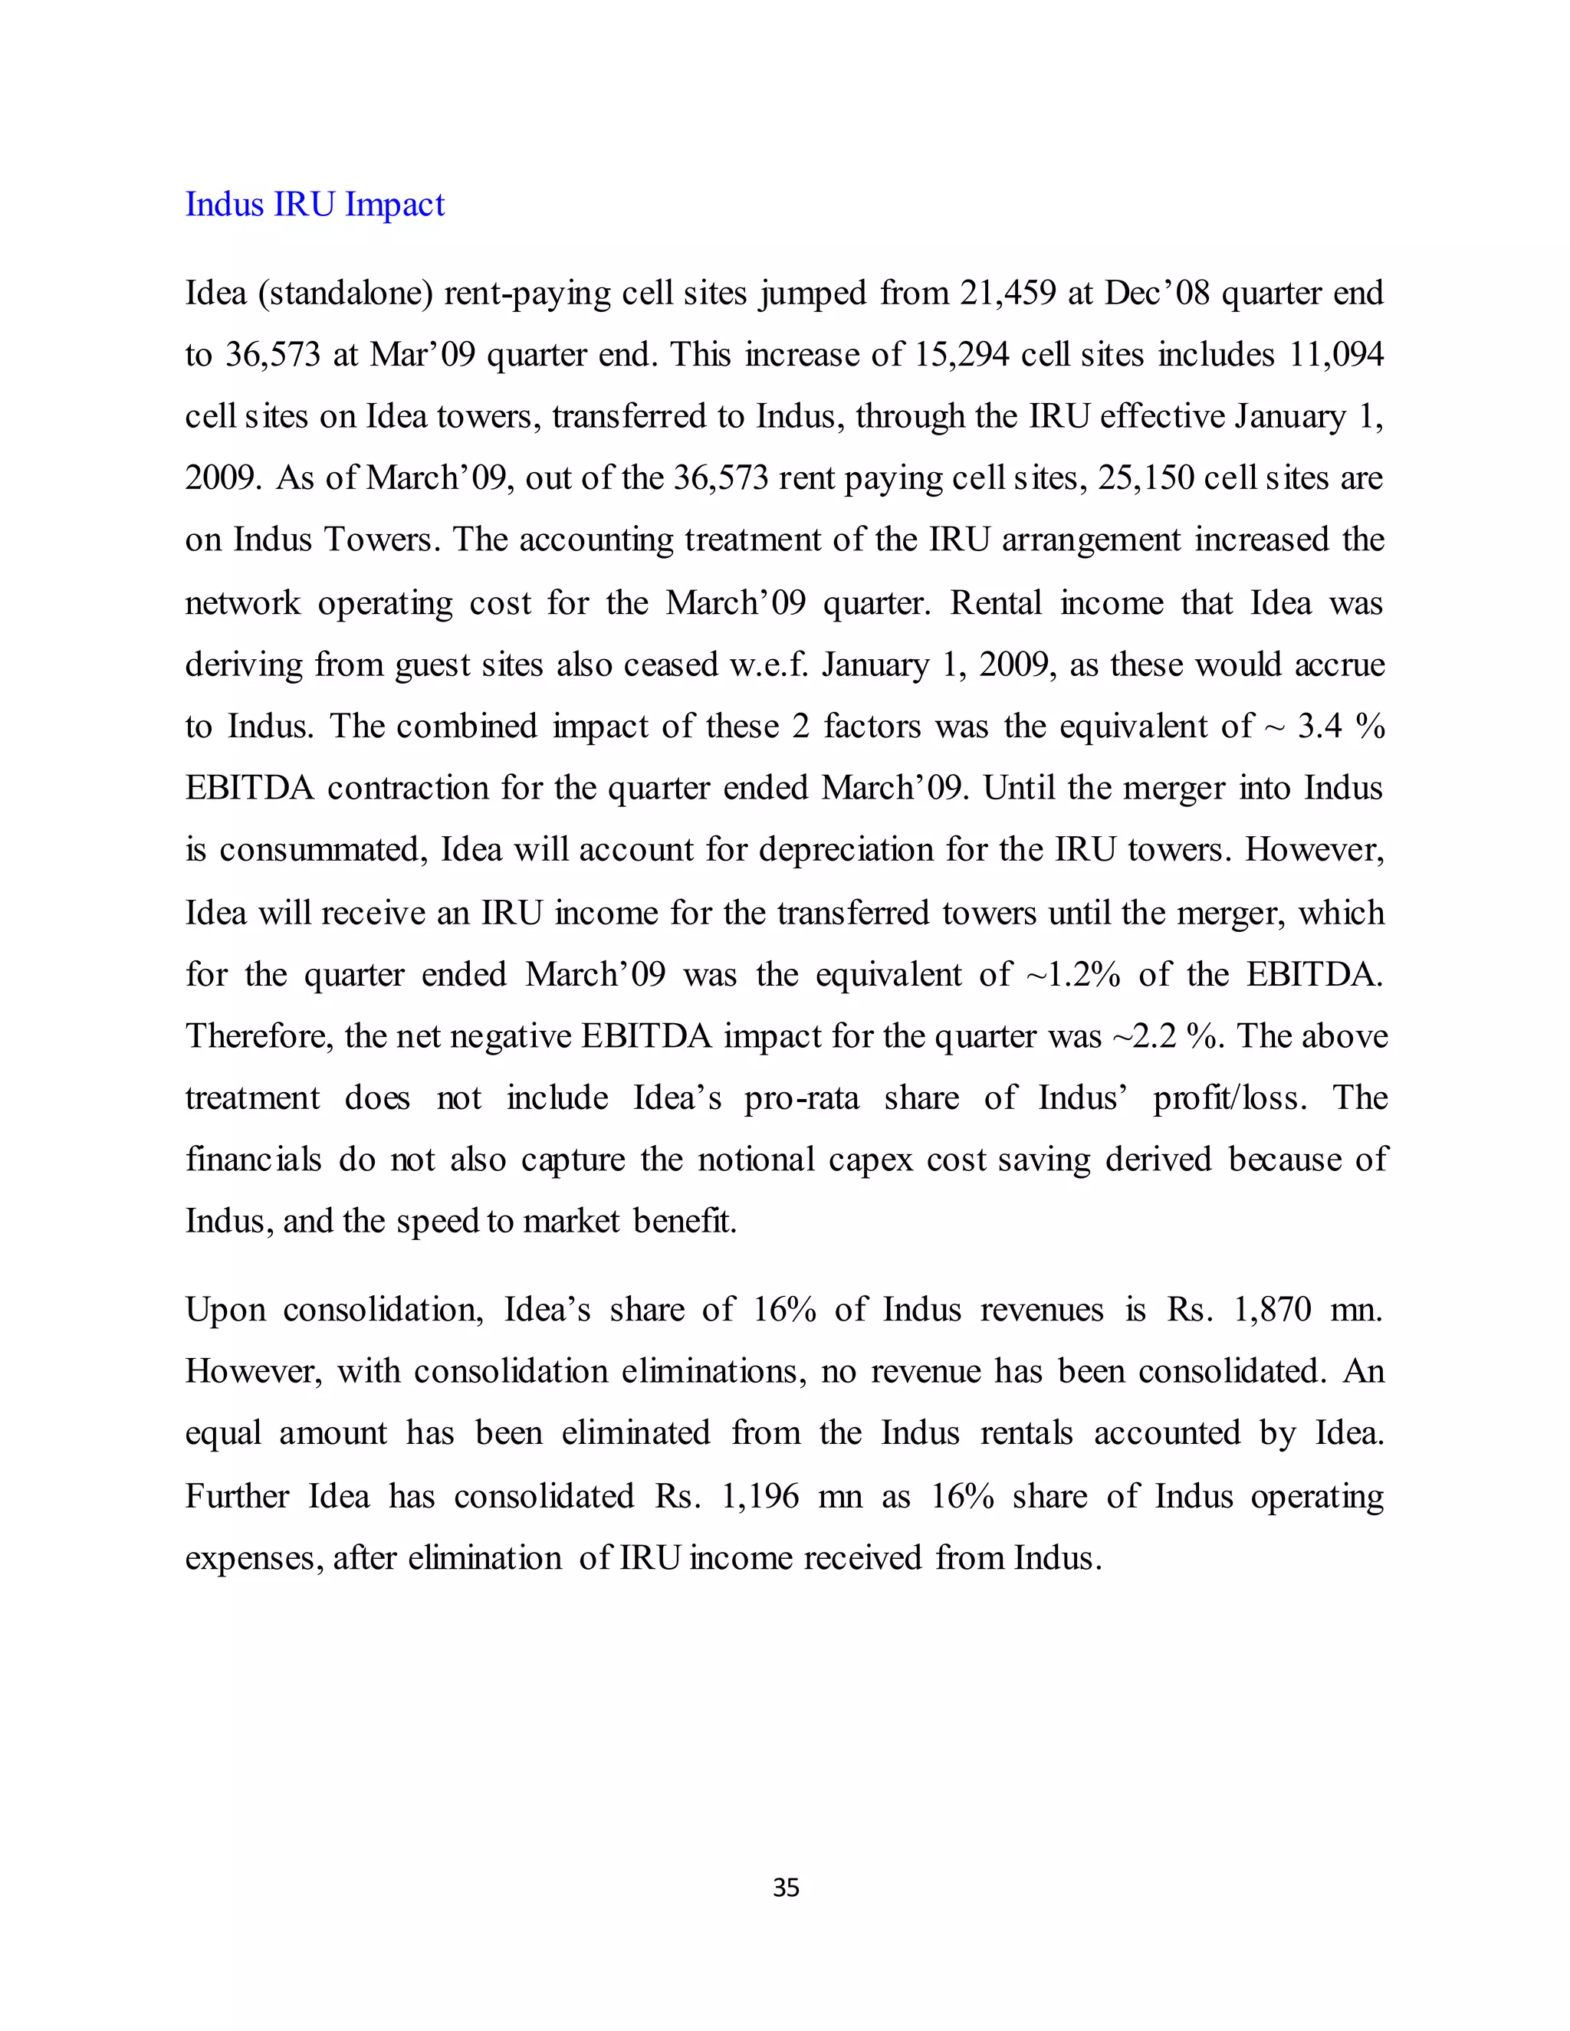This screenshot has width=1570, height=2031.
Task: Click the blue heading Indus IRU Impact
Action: [314, 205]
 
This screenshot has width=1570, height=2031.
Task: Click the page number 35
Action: [786, 1887]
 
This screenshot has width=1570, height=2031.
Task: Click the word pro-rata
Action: [802, 1098]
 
